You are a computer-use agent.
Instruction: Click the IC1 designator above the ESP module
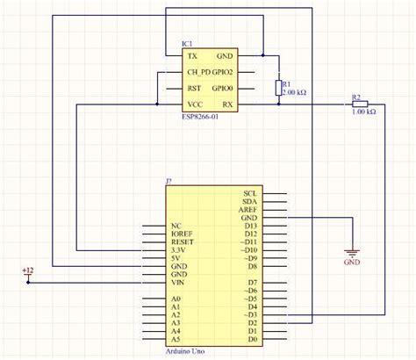pos(187,43)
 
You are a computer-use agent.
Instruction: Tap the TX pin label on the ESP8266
pos(192,54)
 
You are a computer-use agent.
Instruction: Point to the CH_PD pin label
pos(197,72)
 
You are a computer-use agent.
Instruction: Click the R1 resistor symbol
pos(279,87)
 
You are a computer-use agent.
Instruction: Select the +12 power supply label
pos(27,271)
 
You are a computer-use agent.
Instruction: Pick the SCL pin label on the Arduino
pos(250,193)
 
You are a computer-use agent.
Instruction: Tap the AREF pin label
pos(248,210)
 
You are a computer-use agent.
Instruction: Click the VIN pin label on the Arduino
pos(179,283)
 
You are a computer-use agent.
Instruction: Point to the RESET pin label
pos(182,241)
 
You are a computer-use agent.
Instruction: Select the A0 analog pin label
pos(176,299)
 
